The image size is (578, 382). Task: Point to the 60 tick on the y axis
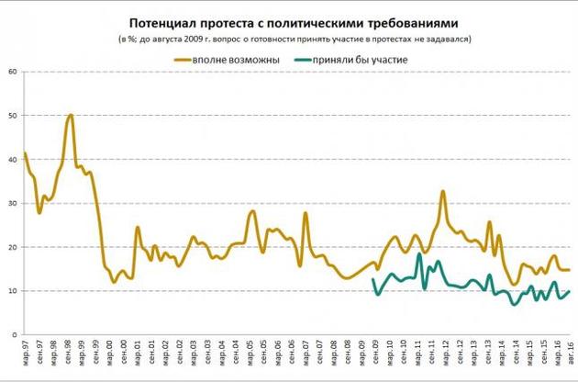point(14,72)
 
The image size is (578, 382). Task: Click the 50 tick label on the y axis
point(14,116)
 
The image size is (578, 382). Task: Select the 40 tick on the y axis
point(14,160)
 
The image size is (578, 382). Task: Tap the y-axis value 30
point(14,204)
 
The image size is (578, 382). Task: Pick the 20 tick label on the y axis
point(14,248)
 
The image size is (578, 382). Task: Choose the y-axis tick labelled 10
point(14,292)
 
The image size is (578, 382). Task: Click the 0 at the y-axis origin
point(17,335)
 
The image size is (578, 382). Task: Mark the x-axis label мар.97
point(24,354)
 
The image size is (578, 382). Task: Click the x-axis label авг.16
point(572,354)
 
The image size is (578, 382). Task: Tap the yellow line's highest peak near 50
point(71,116)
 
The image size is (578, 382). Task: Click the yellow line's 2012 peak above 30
point(443,191)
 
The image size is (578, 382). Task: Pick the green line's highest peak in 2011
point(419,254)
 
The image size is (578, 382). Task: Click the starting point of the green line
point(372,279)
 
